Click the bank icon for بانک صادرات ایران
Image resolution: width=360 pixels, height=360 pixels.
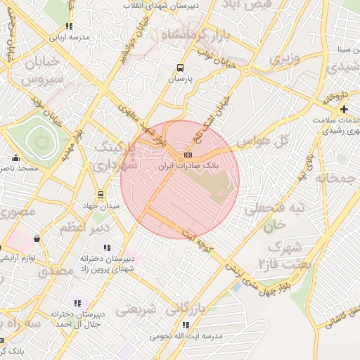pyautogui.click(x=187, y=155)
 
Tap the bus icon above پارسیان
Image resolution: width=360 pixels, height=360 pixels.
pyautogui.click(x=181, y=68)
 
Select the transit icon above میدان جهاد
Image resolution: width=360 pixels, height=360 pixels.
pyautogui.click(x=101, y=194)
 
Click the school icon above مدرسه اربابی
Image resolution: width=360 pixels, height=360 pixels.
pyautogui.click(x=69, y=26)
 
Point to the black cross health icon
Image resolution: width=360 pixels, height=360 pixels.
pyautogui.click(x=344, y=109)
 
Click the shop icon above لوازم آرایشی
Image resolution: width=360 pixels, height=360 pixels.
pyautogui.click(x=37, y=239)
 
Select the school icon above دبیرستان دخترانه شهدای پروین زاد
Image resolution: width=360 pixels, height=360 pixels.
pyautogui.click(x=107, y=247)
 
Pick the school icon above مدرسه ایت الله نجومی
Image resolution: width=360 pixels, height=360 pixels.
pyautogui.click(x=186, y=325)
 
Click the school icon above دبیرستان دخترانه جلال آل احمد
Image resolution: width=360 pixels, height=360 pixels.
pyautogui.click(x=77, y=303)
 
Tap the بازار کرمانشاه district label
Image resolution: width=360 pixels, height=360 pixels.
pyautogui.click(x=195, y=35)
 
